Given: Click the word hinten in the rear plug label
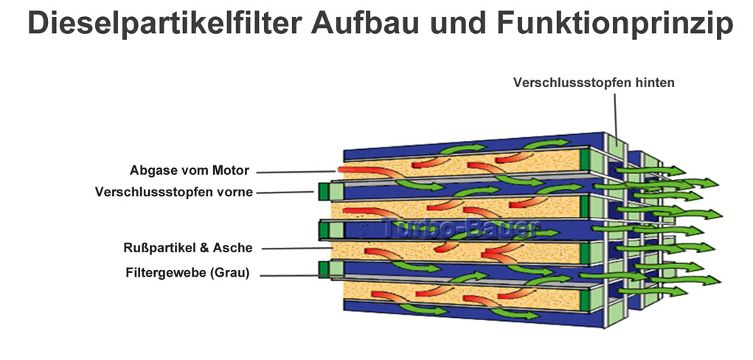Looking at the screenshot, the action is pyautogui.click(x=655, y=83).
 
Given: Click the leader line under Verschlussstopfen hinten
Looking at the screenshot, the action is pyautogui.click(x=616, y=115).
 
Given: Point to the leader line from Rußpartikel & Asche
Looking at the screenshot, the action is pyautogui.click(x=296, y=249).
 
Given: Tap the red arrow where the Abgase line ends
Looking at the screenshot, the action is pyautogui.click(x=366, y=171).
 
